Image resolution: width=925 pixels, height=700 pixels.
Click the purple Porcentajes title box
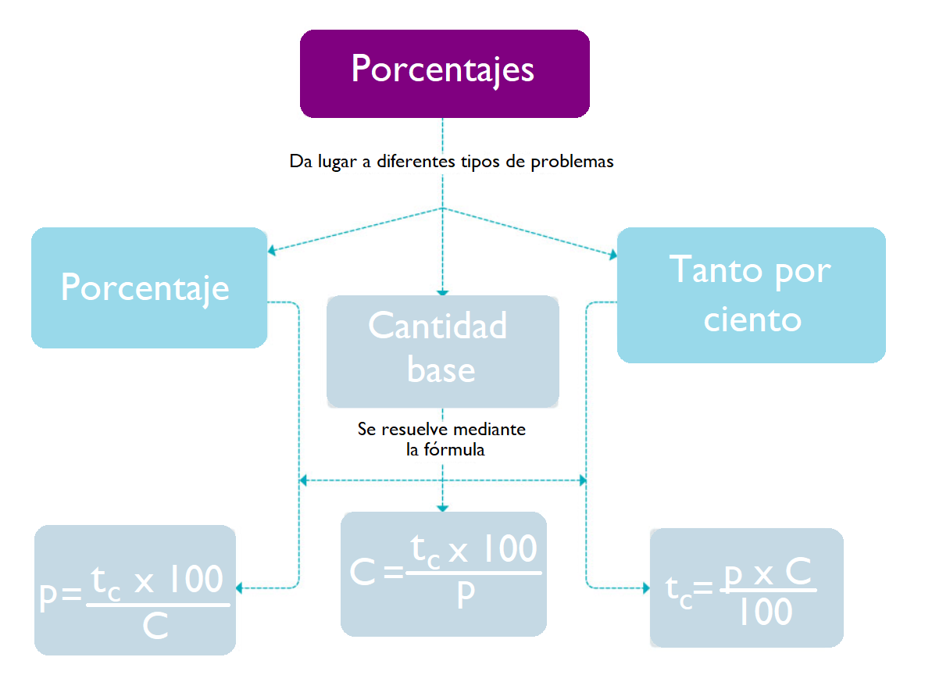[x=445, y=73]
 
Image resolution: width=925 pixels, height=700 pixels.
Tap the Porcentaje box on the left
[x=149, y=287]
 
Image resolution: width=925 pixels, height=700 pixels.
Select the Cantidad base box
[x=442, y=352]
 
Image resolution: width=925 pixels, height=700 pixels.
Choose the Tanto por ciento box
[x=751, y=295]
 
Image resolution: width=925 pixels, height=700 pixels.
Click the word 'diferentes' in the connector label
[x=416, y=161]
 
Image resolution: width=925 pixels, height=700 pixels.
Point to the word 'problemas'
[x=572, y=162]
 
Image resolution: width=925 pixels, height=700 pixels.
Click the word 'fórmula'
[x=454, y=449]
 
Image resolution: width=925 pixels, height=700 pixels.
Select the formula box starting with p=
[x=135, y=590]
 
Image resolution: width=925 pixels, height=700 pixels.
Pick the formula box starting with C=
[x=444, y=573]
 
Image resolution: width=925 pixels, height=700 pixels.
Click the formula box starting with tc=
[x=746, y=587]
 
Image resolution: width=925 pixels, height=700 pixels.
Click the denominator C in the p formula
[x=155, y=626]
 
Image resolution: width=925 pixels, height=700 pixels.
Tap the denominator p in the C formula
[x=466, y=595]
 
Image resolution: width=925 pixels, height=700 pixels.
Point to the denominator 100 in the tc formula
[x=766, y=612]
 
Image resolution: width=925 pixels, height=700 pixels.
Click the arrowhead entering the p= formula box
[x=239, y=588]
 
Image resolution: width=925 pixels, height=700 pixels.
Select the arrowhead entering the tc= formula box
[x=646, y=588]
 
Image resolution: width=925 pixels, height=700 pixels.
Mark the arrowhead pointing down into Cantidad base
[x=442, y=292]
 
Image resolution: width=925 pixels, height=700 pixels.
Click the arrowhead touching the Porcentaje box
[x=271, y=251]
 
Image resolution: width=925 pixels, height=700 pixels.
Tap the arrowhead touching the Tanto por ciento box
[x=613, y=255]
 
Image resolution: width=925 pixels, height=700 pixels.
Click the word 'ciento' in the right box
[x=753, y=320]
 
